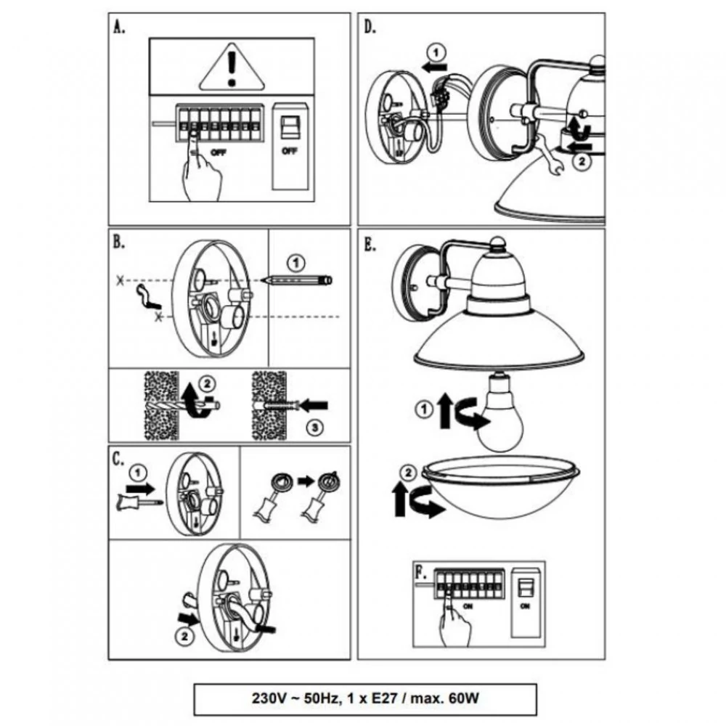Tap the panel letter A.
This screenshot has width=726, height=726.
[x=119, y=28]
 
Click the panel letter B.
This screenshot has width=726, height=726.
[x=119, y=243]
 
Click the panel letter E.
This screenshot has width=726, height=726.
[x=371, y=245]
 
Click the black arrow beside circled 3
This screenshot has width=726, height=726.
[x=313, y=404]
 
